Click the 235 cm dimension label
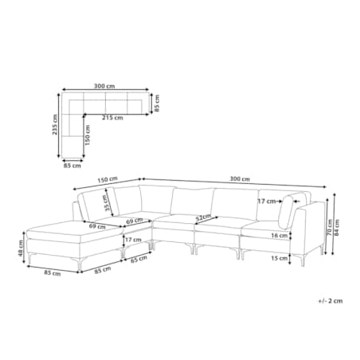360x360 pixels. pos(55,124)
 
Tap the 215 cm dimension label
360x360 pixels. pos(112,118)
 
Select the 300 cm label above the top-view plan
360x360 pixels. pos(104,86)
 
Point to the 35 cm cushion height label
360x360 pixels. pos(107,203)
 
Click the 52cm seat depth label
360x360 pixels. pos(203,217)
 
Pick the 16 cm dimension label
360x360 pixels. pos(280,236)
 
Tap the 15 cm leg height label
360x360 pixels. pos(280,258)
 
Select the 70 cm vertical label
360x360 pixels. pos(330,227)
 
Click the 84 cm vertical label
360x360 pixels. pos(337,227)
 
